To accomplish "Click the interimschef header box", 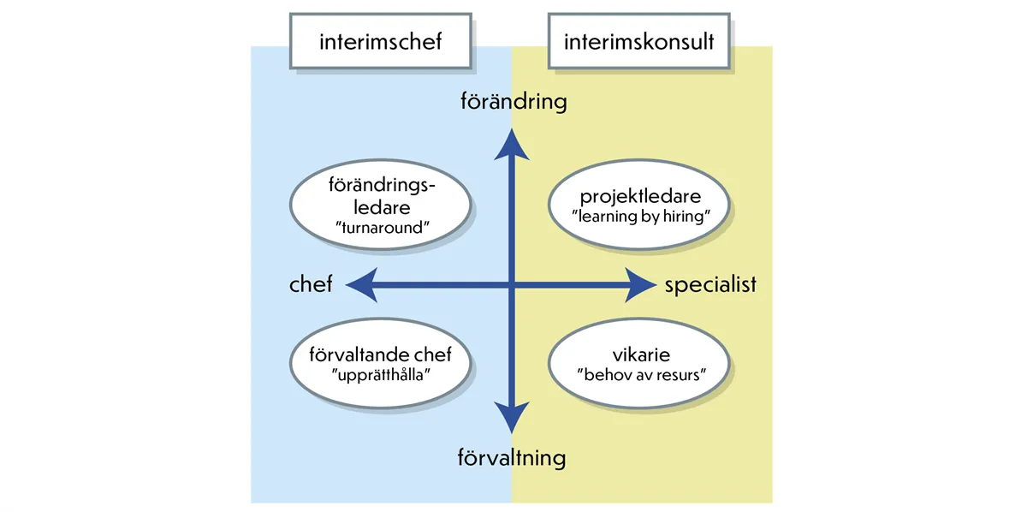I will [380, 40].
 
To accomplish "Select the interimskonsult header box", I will [638, 40].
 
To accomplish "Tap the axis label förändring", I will [513, 102].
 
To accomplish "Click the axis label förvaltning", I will [512, 458].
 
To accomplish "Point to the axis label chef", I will [311, 284].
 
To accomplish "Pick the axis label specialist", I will [710, 284].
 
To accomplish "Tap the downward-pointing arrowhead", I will [512, 420].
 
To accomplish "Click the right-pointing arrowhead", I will [640, 284].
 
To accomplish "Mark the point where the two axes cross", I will [512, 284].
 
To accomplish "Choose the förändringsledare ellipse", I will [381, 206].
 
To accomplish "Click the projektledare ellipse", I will [639, 206].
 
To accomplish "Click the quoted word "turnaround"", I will [381, 229].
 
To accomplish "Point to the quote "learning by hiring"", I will [639, 217].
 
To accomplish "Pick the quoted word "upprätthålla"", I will [382, 374].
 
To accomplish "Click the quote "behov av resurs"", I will [639, 374].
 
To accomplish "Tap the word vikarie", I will [639, 354].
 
